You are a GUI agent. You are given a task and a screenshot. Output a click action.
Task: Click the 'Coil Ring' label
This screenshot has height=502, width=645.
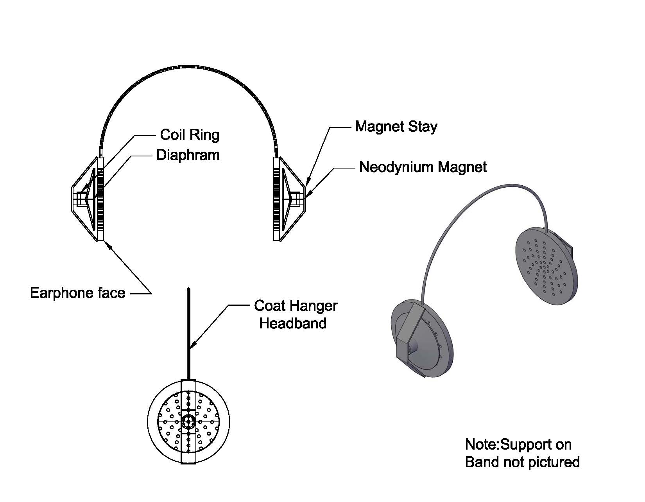190,135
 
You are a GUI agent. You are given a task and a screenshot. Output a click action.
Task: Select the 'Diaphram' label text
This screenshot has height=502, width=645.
188,155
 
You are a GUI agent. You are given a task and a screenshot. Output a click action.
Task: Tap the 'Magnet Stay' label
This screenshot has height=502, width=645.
396,127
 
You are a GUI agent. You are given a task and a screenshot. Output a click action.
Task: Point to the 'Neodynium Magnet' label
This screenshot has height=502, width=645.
423,167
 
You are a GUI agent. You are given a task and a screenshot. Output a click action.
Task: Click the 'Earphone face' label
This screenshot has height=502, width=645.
78,293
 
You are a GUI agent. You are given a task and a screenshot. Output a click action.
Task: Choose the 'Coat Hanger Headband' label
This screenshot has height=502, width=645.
295,314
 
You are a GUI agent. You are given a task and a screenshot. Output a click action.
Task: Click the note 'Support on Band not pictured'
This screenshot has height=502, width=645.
522,453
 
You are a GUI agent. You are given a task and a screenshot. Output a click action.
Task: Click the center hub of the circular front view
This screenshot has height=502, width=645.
189,422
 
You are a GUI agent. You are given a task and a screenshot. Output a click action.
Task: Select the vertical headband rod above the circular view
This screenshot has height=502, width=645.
189,332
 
